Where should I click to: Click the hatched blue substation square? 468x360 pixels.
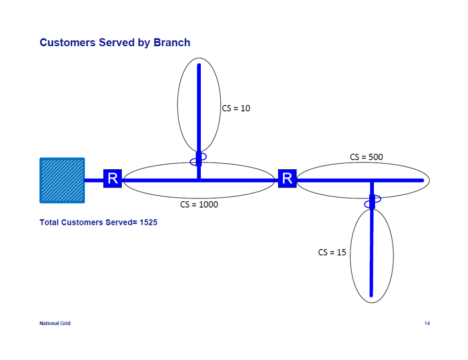62,180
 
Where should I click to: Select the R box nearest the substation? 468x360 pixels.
113,178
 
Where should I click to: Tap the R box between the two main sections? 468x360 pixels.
287,178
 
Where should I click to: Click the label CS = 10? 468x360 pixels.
236,108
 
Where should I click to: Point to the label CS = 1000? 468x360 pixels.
199,204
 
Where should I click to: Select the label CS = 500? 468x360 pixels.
366,157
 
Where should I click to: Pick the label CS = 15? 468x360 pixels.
332,252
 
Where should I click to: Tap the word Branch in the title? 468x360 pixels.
172,43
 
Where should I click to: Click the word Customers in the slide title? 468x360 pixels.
67,43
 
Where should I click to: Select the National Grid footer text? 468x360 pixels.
55,323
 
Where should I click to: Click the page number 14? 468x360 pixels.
427,323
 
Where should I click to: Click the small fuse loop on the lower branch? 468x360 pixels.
372,202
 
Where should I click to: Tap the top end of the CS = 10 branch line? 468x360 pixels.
199,66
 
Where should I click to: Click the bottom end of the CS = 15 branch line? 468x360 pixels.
371,295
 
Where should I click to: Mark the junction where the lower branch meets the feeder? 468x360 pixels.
372,181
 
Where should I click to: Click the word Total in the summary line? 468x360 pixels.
49,223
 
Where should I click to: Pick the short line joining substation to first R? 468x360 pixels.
94,180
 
